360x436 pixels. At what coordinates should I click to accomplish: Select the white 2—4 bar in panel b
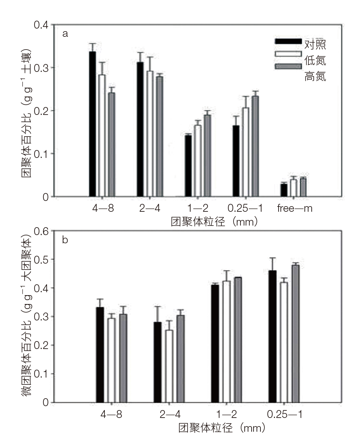pos(169,366)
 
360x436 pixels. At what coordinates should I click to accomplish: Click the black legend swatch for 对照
pos(288,41)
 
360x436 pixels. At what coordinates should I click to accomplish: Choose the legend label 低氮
pos(315,60)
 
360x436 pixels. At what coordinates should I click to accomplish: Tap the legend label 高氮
pos(315,76)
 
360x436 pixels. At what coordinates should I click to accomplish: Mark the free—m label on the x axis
pos(295,208)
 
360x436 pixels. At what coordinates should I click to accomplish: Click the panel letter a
pos(65,33)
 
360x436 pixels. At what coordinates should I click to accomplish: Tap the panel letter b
pos(65,240)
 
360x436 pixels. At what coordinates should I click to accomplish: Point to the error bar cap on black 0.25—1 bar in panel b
pos(272,258)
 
